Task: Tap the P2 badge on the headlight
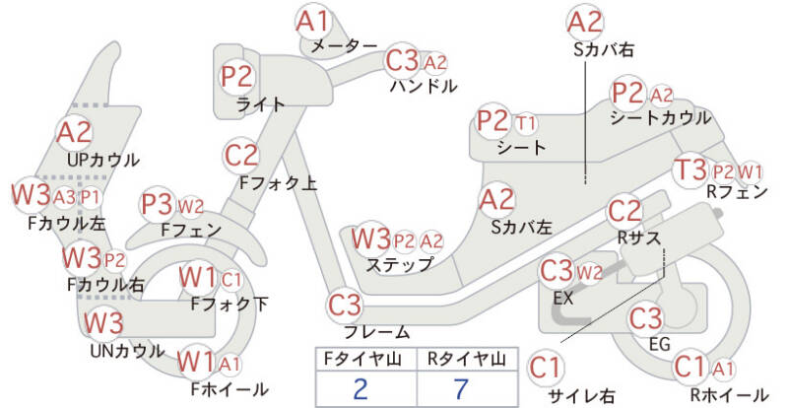pos(237,77)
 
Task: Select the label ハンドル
pos(424,86)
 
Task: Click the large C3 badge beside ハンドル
pos(402,61)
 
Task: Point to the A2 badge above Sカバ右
pos(585,21)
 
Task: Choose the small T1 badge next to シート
pos(526,123)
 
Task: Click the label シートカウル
pos(660,118)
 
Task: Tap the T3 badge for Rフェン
pos(690,170)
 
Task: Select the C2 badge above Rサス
pos(624,211)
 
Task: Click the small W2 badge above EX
pos(589,271)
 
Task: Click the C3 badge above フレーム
pos(346,304)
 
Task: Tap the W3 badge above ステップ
pos(371,238)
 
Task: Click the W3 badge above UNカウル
pos(103,323)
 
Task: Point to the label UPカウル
pos(103,160)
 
